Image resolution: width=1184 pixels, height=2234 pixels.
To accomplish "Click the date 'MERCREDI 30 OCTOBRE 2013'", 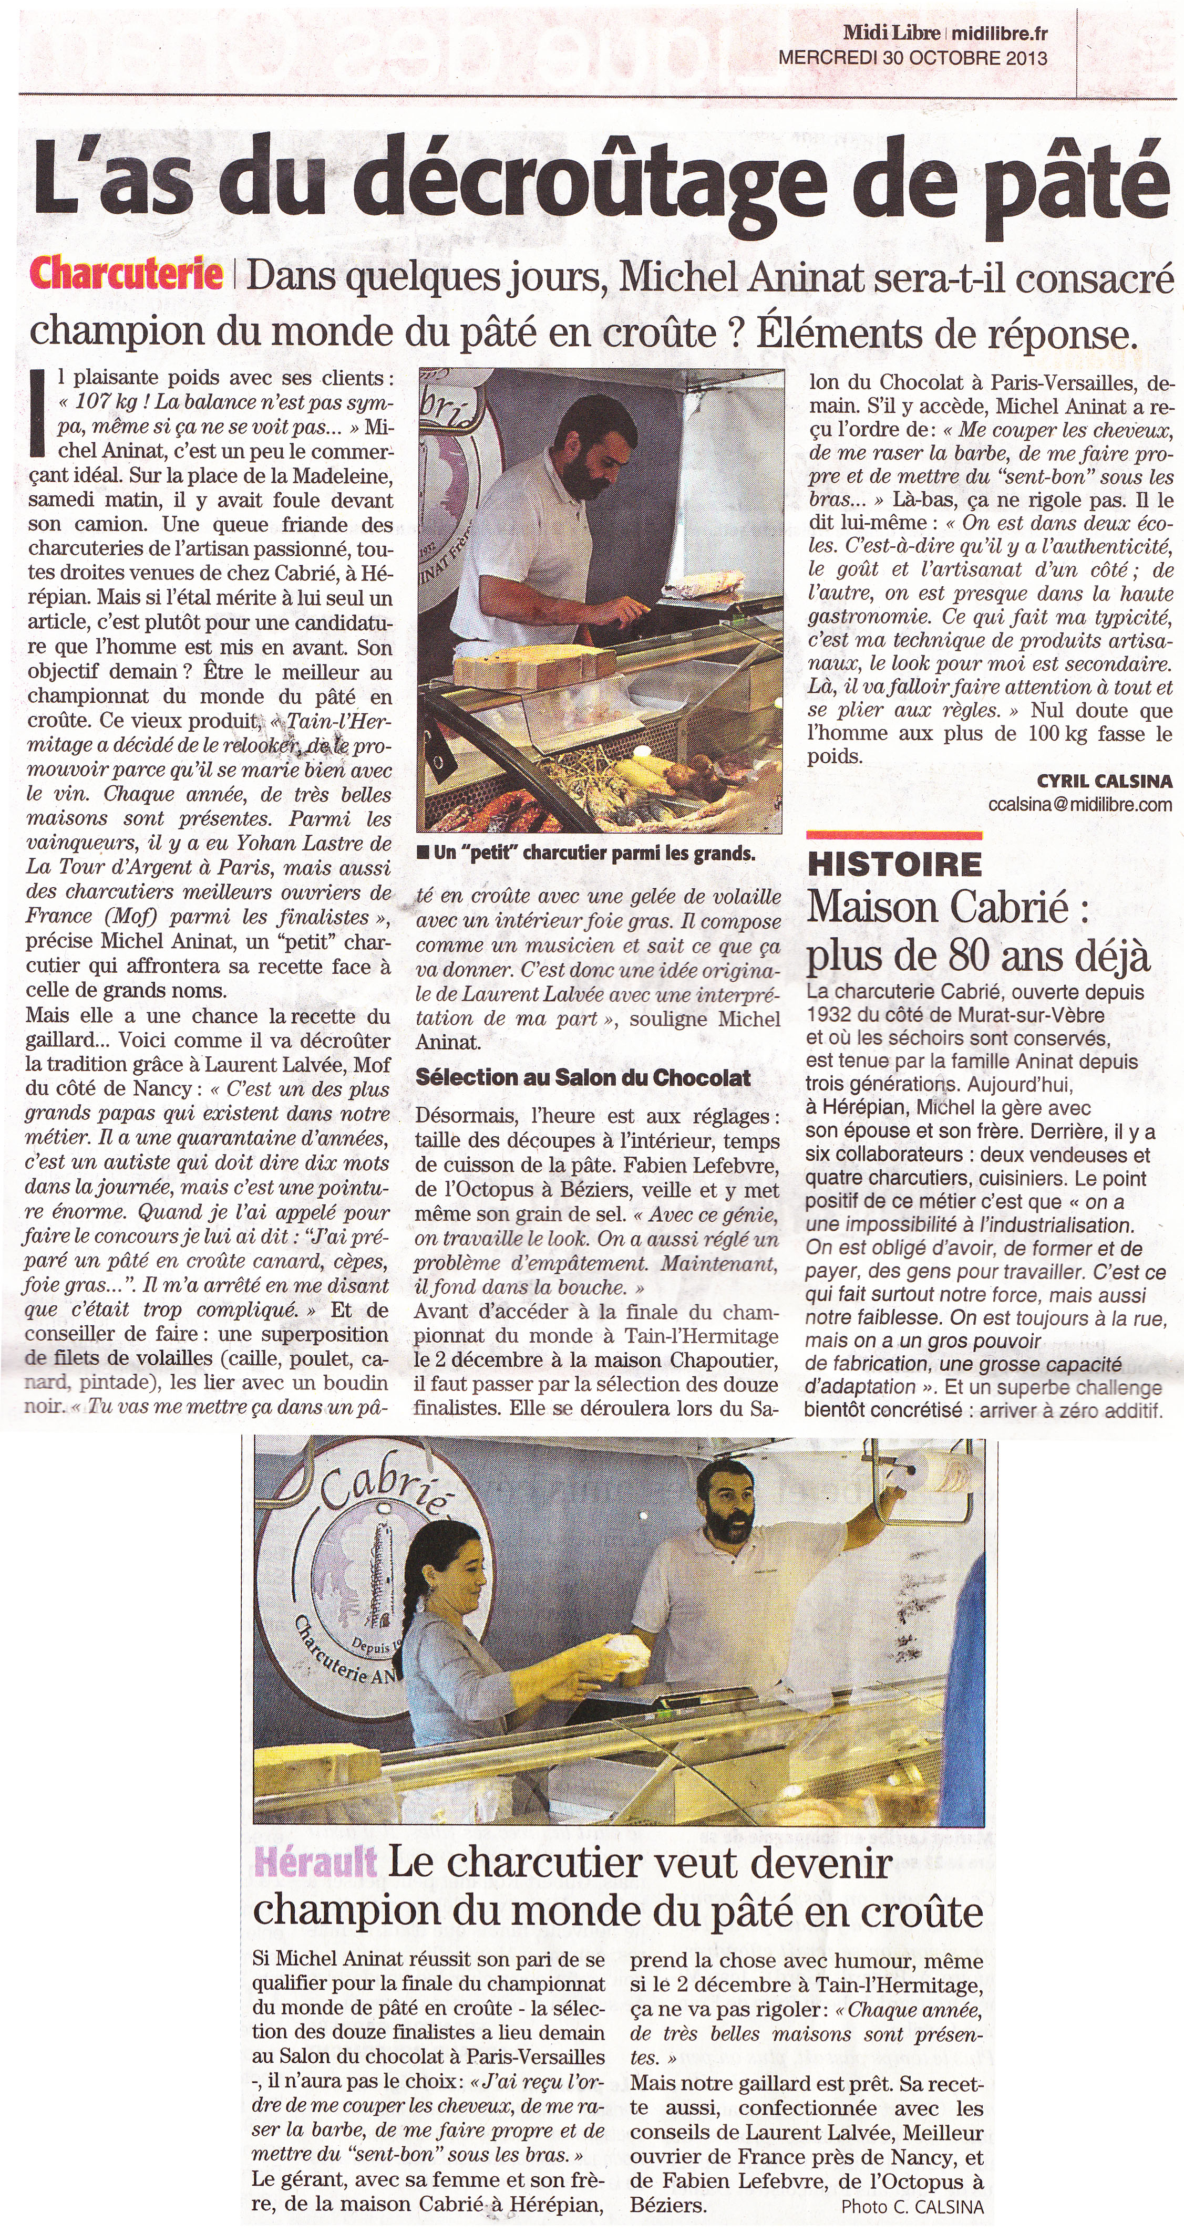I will (x=912, y=58).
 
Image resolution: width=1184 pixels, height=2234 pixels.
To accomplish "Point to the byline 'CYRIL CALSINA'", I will (x=1103, y=782).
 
